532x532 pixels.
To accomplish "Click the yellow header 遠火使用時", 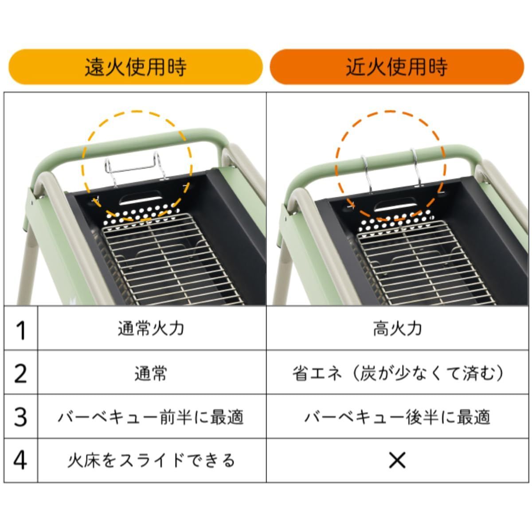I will coord(136,67).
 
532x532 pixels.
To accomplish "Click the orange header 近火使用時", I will coord(397,67).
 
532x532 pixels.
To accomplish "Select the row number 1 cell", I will coord(21,329).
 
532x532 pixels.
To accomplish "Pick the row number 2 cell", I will coord(21,372).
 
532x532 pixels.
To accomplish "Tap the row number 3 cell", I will coord(21,416).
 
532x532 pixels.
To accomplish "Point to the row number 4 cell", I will coord(21,460).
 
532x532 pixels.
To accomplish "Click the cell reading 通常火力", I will coord(151,329).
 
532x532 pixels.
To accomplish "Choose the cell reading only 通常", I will coord(151,373).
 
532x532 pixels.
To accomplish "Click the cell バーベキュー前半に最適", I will coord(151,417).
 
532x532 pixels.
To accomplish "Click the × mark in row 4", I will coord(397,460).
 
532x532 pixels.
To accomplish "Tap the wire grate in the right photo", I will coord(421,266).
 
